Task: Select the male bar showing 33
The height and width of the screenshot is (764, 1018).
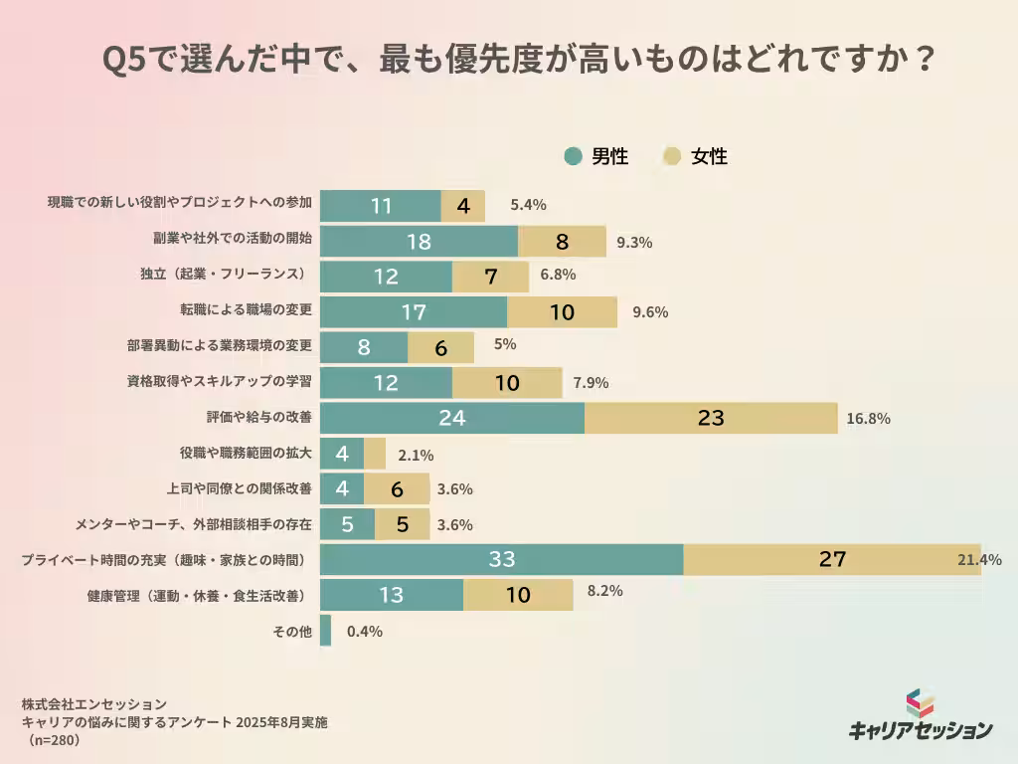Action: pos(501,559)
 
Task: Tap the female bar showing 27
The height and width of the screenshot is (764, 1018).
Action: pos(831,559)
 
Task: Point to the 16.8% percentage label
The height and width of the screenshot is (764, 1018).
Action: pos(868,419)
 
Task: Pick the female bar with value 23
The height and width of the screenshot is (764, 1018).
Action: pos(711,418)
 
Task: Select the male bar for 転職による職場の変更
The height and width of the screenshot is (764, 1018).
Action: pos(414,312)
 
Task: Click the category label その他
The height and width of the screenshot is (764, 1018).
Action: pos(291,631)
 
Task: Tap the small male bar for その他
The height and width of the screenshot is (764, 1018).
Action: pos(325,631)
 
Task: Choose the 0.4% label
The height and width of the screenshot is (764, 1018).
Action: pos(364,631)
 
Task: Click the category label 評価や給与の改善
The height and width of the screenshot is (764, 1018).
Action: pos(258,418)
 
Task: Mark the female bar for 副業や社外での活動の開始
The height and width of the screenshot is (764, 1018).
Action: pos(562,242)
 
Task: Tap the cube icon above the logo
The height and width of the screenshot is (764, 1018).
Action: pos(920,702)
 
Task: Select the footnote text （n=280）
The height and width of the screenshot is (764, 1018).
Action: pos(52,741)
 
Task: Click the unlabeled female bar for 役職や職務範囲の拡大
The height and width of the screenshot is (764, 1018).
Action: pos(375,454)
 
